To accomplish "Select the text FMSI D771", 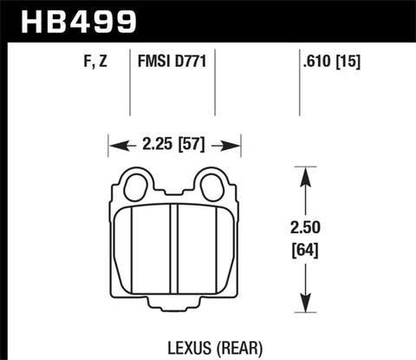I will tap(172, 62).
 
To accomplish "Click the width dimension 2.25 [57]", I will tap(174, 145).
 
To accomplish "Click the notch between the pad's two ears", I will tap(173, 193).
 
